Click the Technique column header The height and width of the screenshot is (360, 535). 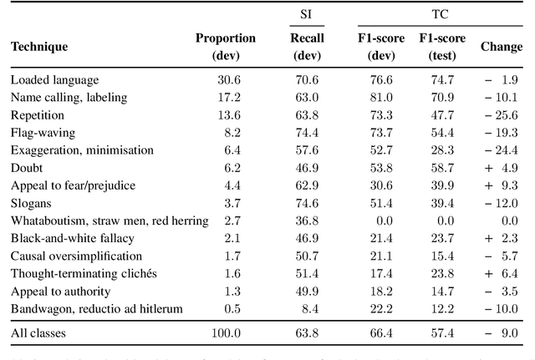pyautogui.click(x=39, y=47)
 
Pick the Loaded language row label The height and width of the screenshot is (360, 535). pyautogui.click(x=54, y=79)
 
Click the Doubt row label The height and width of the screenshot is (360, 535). pyautogui.click(x=26, y=167)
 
